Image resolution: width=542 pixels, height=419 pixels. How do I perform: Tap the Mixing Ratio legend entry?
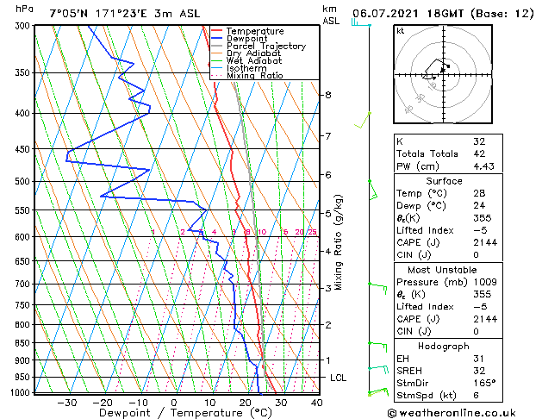pyautogui.click(x=254, y=76)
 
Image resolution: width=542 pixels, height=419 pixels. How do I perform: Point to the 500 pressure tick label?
pyautogui.click(x=22, y=182)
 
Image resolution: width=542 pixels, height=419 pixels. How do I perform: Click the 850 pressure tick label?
pyautogui.click(x=22, y=343)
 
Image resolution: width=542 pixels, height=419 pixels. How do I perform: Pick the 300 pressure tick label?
pyautogui.click(x=22, y=26)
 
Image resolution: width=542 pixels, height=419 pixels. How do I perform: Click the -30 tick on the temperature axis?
pyautogui.click(x=66, y=403)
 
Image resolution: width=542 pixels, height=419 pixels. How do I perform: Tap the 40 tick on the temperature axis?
pyautogui.click(x=316, y=403)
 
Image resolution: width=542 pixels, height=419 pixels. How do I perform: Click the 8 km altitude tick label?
pyautogui.click(x=328, y=94)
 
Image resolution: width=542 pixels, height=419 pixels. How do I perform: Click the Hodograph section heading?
pyautogui.click(x=445, y=345)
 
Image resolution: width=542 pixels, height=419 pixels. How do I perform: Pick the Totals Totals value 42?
pyautogui.click(x=479, y=154)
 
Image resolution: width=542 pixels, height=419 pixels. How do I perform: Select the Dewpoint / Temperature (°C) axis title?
pyautogui.click(x=173, y=414)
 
